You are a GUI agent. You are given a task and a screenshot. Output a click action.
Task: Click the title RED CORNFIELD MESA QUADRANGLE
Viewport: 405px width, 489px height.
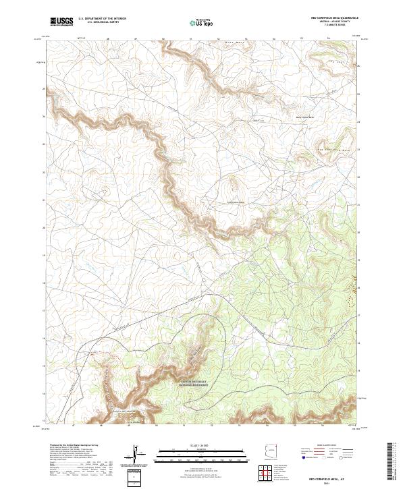click(335, 18)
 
